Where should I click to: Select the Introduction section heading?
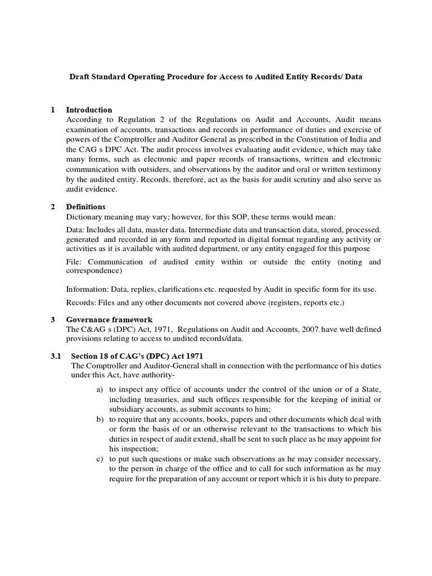(x=89, y=110)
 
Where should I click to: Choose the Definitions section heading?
(x=85, y=207)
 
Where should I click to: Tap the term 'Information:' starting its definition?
(x=88, y=289)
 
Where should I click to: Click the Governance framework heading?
(x=105, y=319)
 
